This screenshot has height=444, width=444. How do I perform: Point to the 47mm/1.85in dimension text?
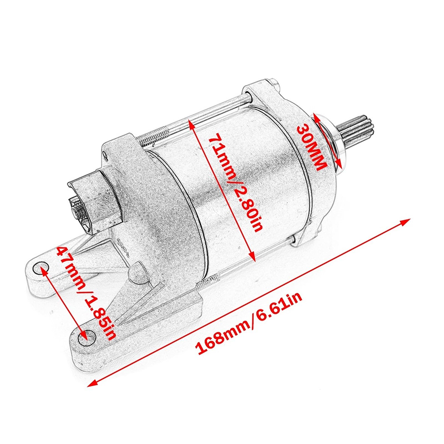click(x=87, y=293)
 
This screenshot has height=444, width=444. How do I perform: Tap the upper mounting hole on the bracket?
click(x=41, y=268)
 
